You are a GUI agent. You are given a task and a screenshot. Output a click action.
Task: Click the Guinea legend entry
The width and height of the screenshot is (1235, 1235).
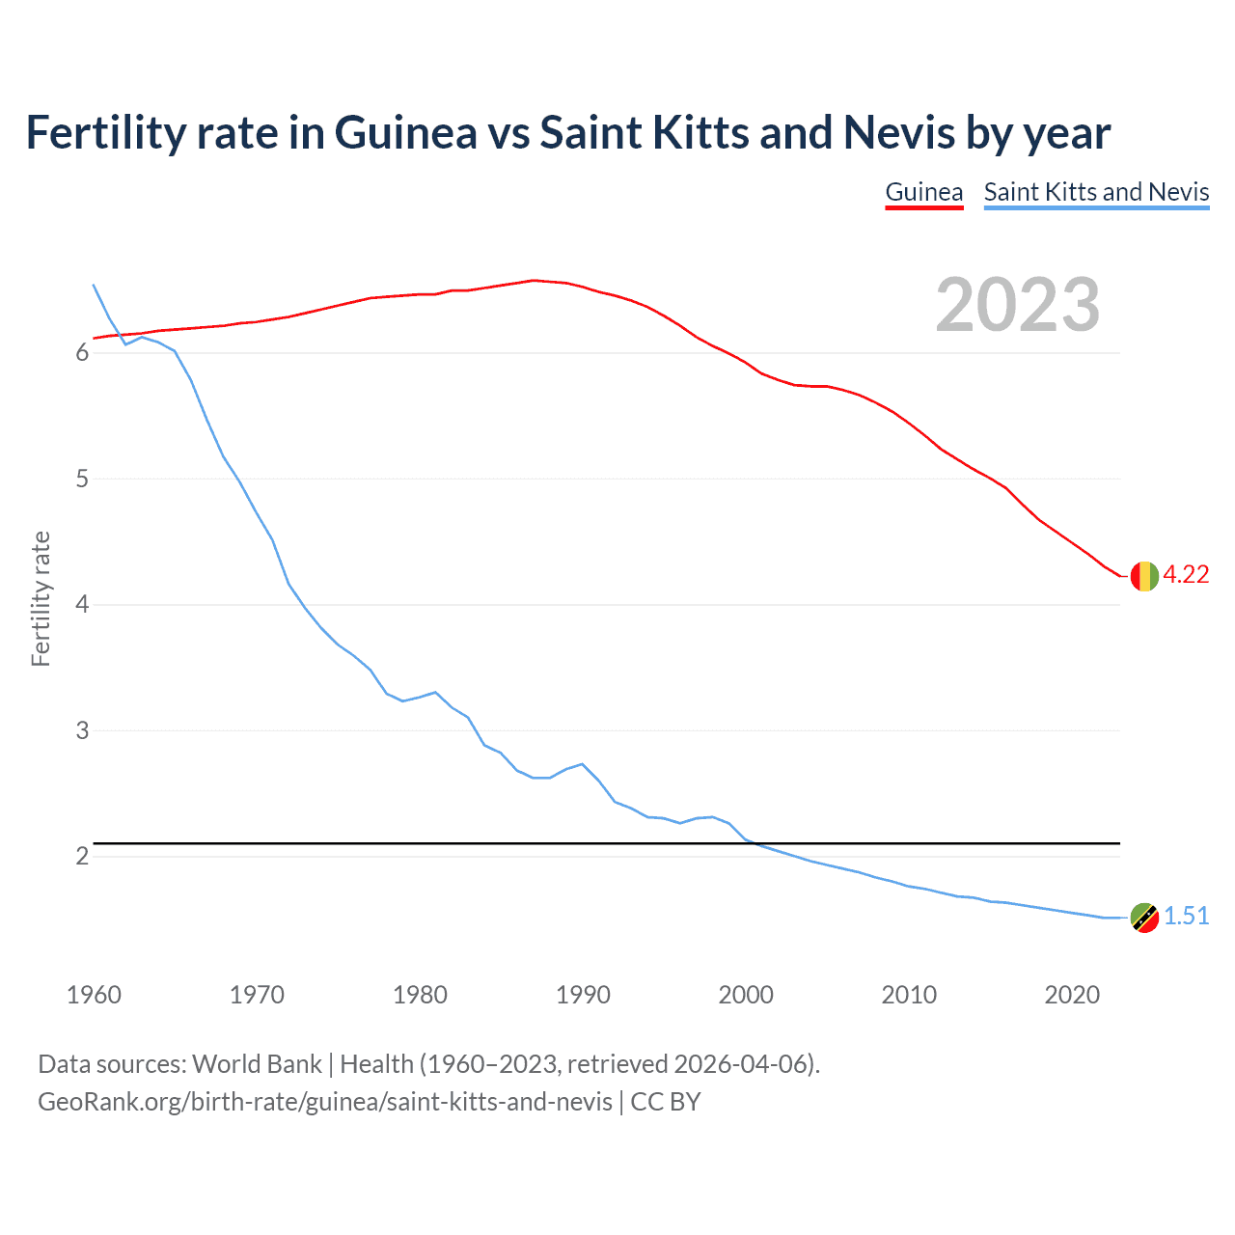point(923,192)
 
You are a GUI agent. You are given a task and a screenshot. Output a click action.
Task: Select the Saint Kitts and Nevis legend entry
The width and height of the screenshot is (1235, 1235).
point(1096,192)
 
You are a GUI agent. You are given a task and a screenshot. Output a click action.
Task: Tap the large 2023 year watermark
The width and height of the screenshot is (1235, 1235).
point(1017,305)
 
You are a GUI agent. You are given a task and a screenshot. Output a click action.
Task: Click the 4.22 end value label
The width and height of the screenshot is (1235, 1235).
point(1186,575)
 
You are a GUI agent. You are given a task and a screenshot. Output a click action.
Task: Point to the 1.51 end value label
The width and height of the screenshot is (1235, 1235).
point(1186,917)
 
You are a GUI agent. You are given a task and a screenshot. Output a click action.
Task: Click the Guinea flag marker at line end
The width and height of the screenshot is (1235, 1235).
point(1144,576)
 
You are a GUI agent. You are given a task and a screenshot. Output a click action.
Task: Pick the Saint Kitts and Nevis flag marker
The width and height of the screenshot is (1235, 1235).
point(1144,918)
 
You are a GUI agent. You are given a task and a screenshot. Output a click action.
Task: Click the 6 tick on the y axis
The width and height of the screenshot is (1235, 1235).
point(82,353)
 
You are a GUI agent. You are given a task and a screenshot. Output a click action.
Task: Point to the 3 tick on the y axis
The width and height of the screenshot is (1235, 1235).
point(82,731)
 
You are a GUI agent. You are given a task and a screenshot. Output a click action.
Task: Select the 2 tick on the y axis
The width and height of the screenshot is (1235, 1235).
point(82,857)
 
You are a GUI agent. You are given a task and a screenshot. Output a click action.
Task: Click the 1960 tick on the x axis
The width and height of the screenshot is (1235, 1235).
point(94,995)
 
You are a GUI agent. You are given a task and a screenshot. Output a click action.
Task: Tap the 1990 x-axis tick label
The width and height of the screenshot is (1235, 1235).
point(583,995)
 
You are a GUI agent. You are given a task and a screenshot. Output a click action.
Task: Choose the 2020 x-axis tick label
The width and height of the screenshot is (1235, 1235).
point(1072,995)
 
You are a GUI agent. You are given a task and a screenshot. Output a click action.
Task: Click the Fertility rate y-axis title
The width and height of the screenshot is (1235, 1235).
point(41,598)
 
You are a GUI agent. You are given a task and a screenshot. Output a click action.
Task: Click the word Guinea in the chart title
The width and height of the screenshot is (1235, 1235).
point(405,133)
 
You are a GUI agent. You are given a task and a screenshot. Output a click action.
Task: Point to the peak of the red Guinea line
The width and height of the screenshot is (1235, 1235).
point(534,281)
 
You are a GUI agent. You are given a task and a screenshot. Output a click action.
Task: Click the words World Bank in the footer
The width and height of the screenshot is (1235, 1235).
point(257,1064)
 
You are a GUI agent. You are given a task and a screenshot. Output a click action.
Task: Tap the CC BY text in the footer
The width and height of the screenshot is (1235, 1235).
point(666,1102)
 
